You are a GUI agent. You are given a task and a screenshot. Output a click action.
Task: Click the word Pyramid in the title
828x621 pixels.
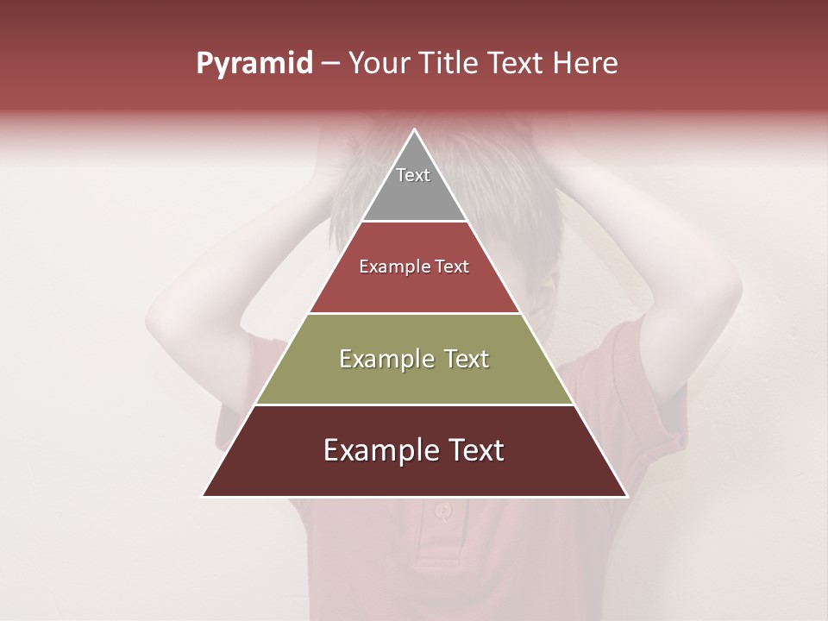pos(254,64)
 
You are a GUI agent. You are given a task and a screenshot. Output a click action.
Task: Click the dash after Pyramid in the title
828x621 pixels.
pos(329,64)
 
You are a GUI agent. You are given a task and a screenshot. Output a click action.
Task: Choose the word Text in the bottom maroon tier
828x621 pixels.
pos(471,450)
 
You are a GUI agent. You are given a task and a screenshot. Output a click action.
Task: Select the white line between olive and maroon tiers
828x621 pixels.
pos(414,405)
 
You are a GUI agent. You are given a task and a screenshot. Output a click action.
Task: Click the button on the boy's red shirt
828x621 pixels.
pos(442,510)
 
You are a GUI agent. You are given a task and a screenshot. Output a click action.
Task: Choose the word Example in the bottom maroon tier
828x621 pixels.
pos(373,450)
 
